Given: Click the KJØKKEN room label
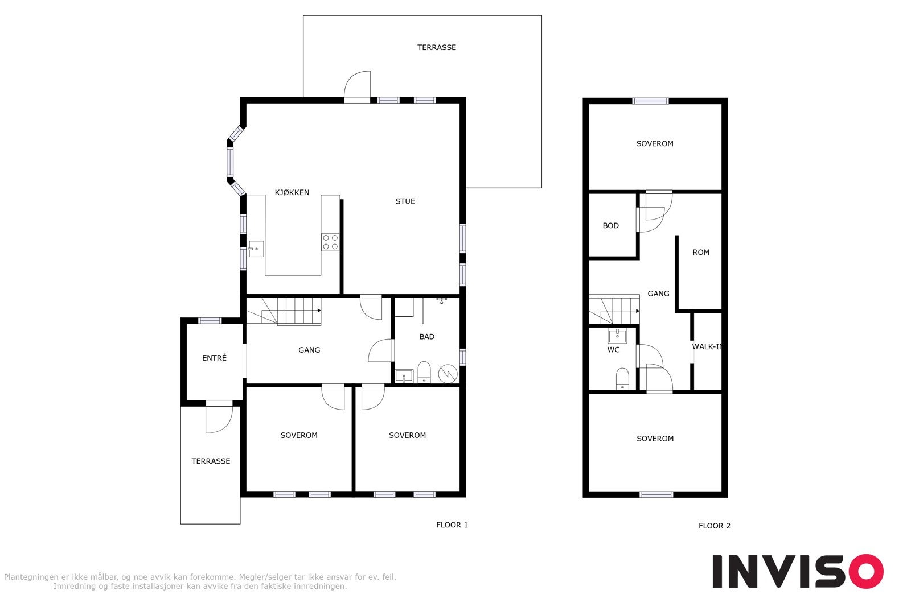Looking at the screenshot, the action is (x=292, y=193).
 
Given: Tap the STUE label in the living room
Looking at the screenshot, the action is (x=405, y=201).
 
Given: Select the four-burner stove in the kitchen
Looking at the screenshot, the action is (x=330, y=242).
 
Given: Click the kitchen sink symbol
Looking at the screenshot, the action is (x=256, y=249).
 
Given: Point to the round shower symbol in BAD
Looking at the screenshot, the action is (x=448, y=373).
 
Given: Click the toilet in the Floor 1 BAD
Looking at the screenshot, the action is (x=424, y=371).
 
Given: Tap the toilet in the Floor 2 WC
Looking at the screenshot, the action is (x=622, y=379).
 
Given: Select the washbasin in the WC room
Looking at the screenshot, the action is (x=617, y=336).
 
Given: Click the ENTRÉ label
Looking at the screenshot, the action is (x=214, y=357).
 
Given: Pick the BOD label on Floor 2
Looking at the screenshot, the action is (x=610, y=225).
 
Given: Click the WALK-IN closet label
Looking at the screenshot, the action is (x=707, y=346).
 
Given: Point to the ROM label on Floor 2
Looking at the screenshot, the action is (x=701, y=253).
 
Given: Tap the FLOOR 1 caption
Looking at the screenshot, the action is (x=452, y=525).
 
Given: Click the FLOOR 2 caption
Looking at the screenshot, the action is (x=714, y=526).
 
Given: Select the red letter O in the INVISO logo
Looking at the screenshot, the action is (x=866, y=571).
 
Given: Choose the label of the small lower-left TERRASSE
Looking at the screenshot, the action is (x=211, y=461).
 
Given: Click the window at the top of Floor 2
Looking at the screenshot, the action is (x=650, y=101).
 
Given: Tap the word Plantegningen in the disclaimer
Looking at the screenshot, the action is (x=31, y=577).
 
